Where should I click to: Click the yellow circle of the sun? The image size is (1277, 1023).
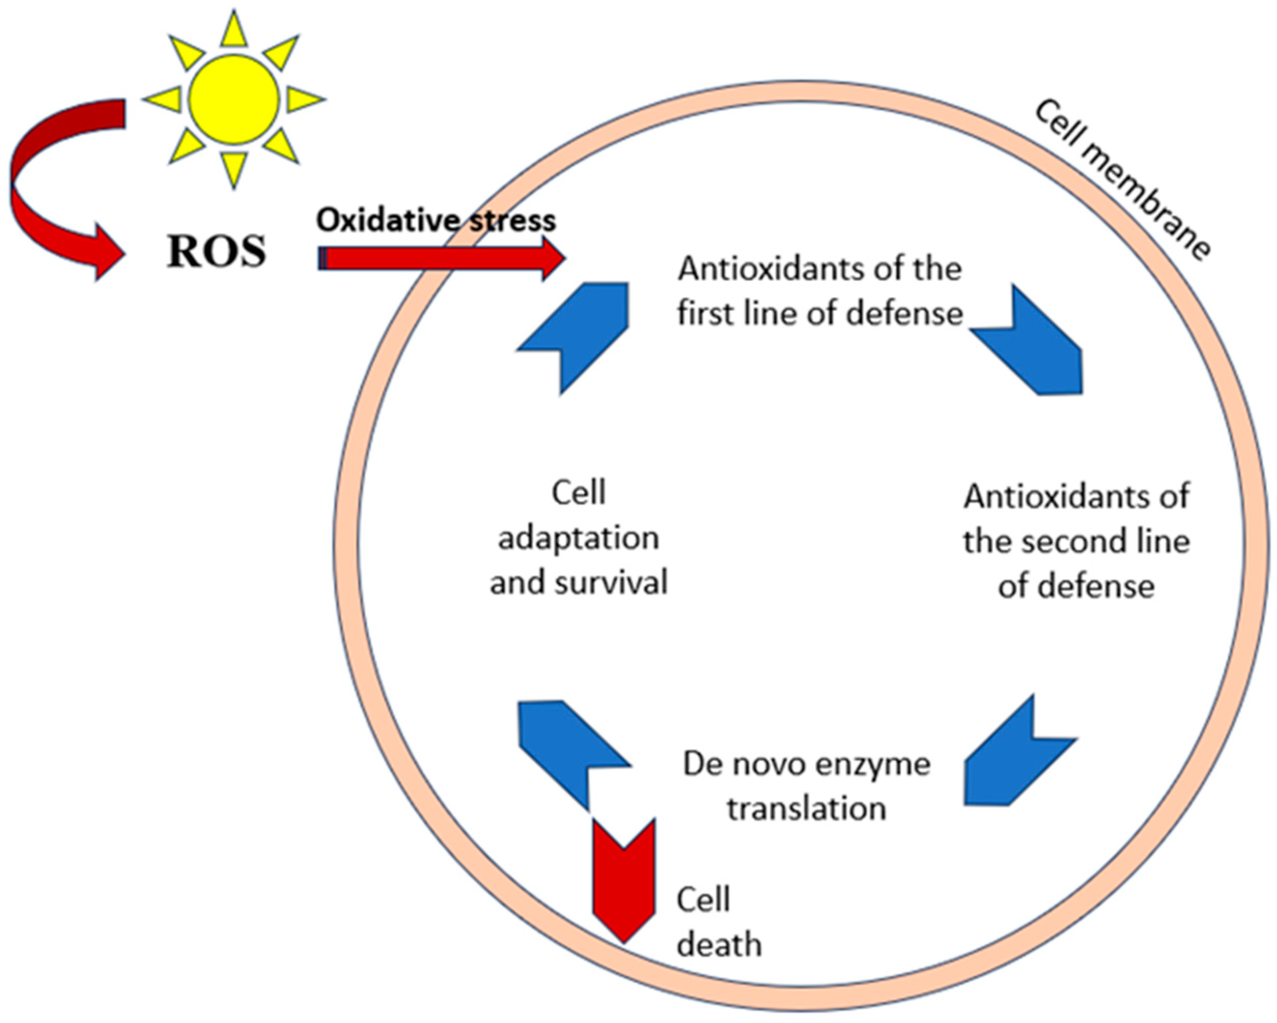[234, 99]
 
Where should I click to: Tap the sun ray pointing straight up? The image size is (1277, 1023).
[234, 31]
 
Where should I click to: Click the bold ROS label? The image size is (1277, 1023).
[216, 252]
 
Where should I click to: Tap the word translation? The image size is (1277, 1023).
[807, 809]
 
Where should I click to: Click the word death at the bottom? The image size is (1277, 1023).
[719, 946]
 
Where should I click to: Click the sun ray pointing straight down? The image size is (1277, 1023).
[234, 169]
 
